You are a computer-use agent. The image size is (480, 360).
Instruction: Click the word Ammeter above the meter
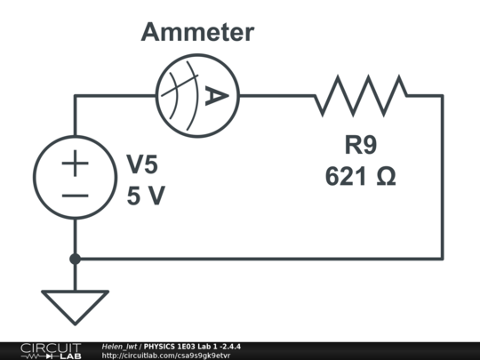[196, 33]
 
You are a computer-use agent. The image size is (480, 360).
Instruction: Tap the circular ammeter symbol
[196, 93]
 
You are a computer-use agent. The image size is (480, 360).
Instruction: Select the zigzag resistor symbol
[360, 94]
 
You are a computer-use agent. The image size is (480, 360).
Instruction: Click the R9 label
[360, 143]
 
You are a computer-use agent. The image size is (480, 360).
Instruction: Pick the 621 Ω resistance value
[360, 176]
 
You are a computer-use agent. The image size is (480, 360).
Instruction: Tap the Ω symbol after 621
[385, 176]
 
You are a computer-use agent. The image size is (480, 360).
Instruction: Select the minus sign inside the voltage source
[75, 196]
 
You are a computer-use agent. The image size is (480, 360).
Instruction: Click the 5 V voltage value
[145, 196]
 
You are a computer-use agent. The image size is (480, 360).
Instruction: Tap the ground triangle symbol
[75, 308]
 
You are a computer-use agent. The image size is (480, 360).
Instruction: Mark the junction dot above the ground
[75, 259]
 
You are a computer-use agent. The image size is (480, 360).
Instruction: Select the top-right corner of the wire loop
[442, 94]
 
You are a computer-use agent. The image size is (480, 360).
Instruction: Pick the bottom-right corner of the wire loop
[442, 259]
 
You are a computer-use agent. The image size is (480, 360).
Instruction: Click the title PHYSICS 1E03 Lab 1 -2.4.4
[192, 346]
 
